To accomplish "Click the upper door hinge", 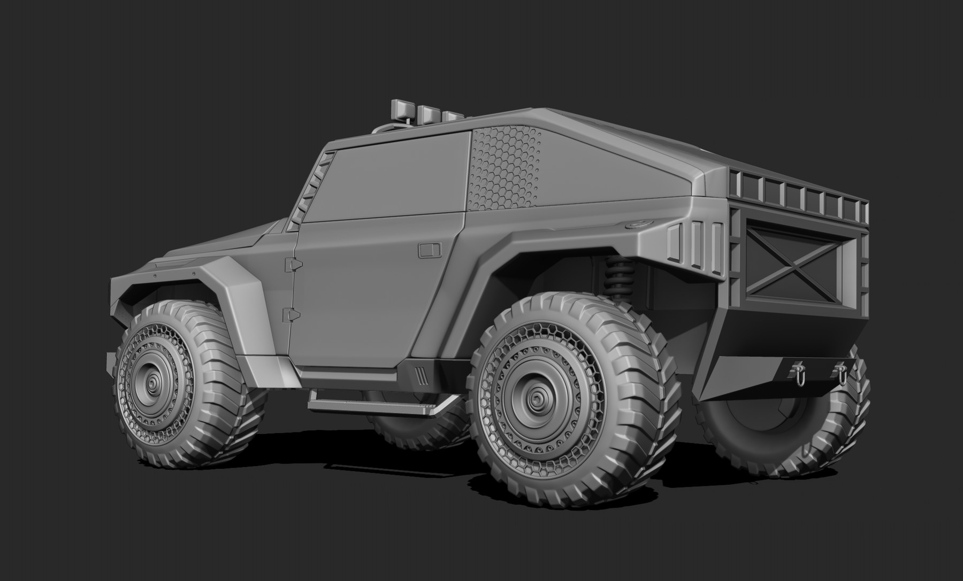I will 293,263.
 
